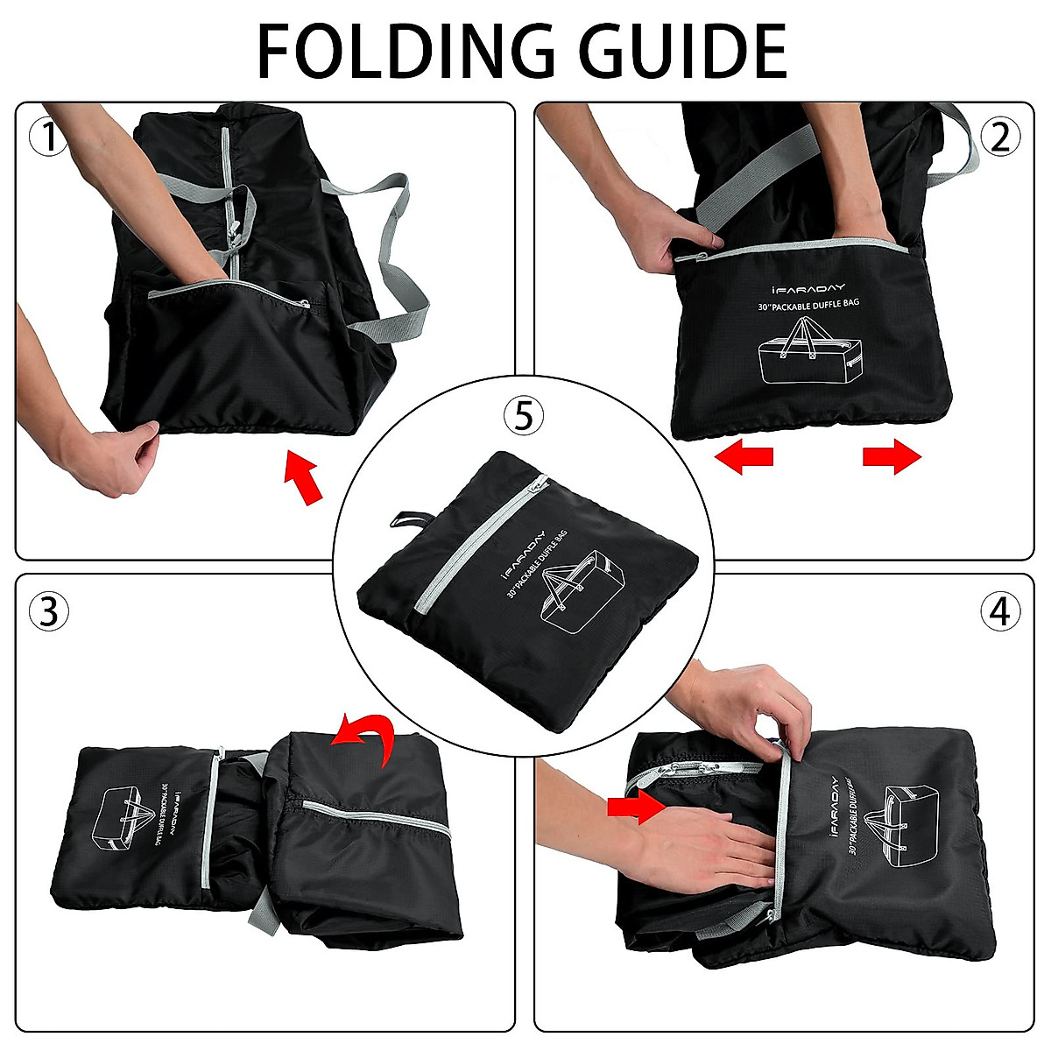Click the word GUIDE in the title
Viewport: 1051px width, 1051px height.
pos(685,52)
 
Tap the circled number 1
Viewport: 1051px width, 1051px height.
pos(49,138)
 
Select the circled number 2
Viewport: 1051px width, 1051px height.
pos(1000,138)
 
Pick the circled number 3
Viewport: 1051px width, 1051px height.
pos(49,610)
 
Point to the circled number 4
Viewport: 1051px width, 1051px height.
pos(1000,610)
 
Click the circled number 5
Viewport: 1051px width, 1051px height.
pos(523,416)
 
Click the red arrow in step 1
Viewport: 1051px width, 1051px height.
pos(303,477)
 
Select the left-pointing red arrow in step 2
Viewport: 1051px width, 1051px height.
pos(744,456)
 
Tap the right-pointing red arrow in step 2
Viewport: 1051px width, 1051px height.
pos(892,456)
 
